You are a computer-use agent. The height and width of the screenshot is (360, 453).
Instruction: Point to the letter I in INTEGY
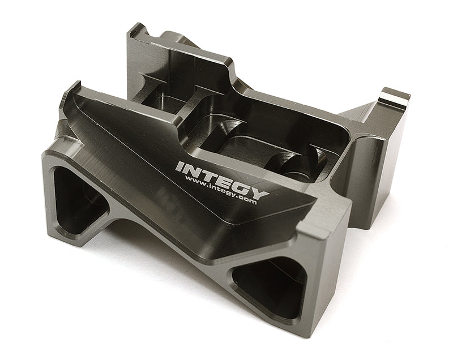point(181,166)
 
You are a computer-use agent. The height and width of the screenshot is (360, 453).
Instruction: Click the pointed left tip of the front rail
point(72,87)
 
